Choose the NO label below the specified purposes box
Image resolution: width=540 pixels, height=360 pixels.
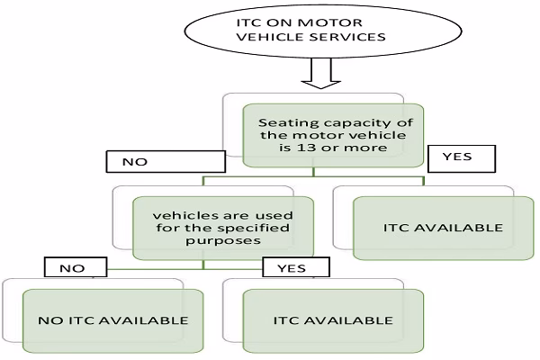click(x=70, y=267)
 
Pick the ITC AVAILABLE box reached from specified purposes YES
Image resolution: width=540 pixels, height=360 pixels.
click(x=332, y=320)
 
